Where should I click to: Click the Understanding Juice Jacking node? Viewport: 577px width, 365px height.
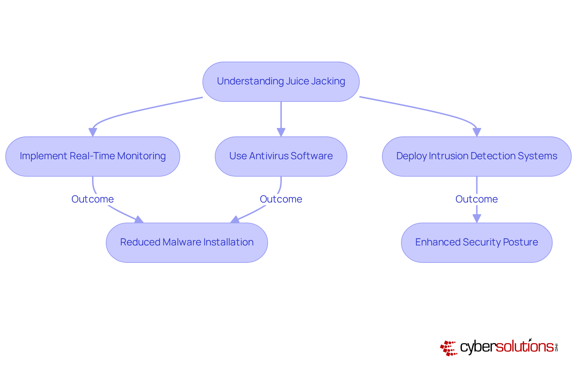(281, 82)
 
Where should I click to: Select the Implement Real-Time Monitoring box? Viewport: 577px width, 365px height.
(93, 157)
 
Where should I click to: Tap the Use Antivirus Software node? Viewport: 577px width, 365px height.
(281, 157)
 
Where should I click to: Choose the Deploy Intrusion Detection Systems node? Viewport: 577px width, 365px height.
(477, 157)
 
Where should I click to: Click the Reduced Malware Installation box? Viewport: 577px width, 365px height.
(187, 242)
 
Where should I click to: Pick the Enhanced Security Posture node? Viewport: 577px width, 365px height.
(477, 242)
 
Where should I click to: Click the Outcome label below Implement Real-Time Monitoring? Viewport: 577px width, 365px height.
(93, 199)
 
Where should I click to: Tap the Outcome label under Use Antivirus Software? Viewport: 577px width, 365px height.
(281, 199)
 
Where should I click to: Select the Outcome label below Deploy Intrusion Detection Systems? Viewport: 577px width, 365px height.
(477, 199)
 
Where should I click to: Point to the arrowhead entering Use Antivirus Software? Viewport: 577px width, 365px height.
(281, 132)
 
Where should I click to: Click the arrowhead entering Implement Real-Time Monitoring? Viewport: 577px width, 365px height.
(93, 132)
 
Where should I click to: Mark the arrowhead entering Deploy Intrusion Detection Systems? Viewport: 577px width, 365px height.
(477, 132)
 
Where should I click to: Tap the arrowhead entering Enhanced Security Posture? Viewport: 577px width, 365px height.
(477, 218)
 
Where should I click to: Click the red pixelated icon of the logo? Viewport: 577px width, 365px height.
(449, 348)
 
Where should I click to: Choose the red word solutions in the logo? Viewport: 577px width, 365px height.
(524, 347)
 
